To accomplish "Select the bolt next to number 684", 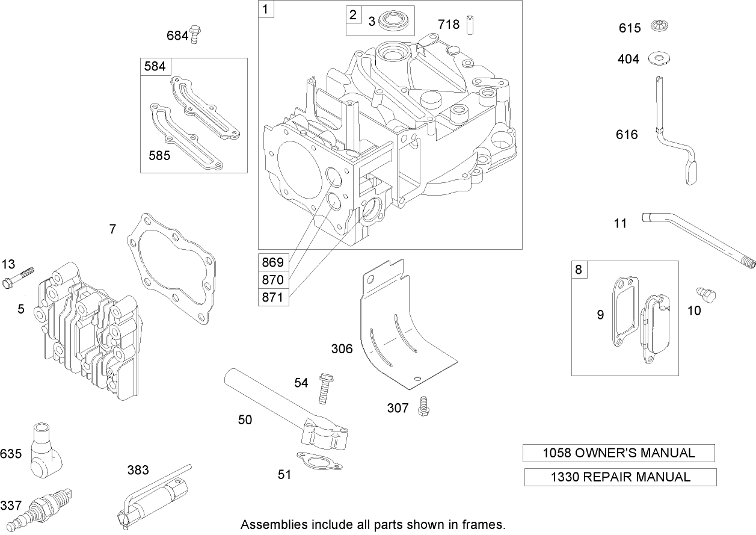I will coord(195,34).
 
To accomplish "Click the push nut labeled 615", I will coord(660,27).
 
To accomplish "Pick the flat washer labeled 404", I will coord(660,59).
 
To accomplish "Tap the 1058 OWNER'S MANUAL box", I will coord(619,453).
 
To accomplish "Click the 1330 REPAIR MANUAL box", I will coord(620,477).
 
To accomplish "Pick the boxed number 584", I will coord(155,66).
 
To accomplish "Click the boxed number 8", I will coord(579,269).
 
